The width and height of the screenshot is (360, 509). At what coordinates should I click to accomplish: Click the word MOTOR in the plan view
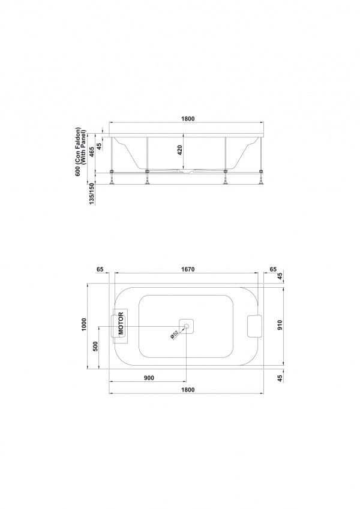coord(121,324)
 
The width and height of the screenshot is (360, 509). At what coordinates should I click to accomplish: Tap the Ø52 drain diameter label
coord(175,335)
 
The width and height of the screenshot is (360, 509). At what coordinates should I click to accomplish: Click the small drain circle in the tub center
coord(187,327)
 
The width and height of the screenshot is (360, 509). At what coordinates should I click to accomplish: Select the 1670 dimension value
coord(188,269)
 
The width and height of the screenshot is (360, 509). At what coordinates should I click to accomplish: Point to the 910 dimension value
coord(280,325)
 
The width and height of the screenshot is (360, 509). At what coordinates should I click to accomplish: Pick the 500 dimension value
coord(95,347)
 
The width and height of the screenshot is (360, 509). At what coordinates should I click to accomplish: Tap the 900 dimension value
coord(148,378)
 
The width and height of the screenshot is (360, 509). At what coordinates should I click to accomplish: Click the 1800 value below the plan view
coord(188,390)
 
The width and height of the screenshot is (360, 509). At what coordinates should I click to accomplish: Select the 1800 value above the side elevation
coord(188,119)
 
